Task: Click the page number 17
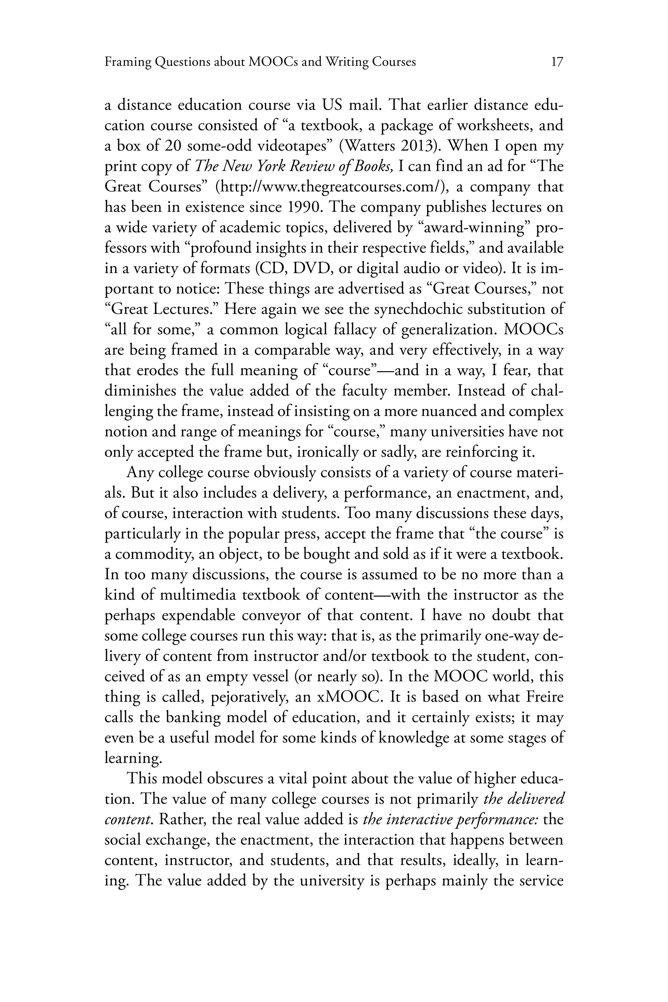557,62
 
